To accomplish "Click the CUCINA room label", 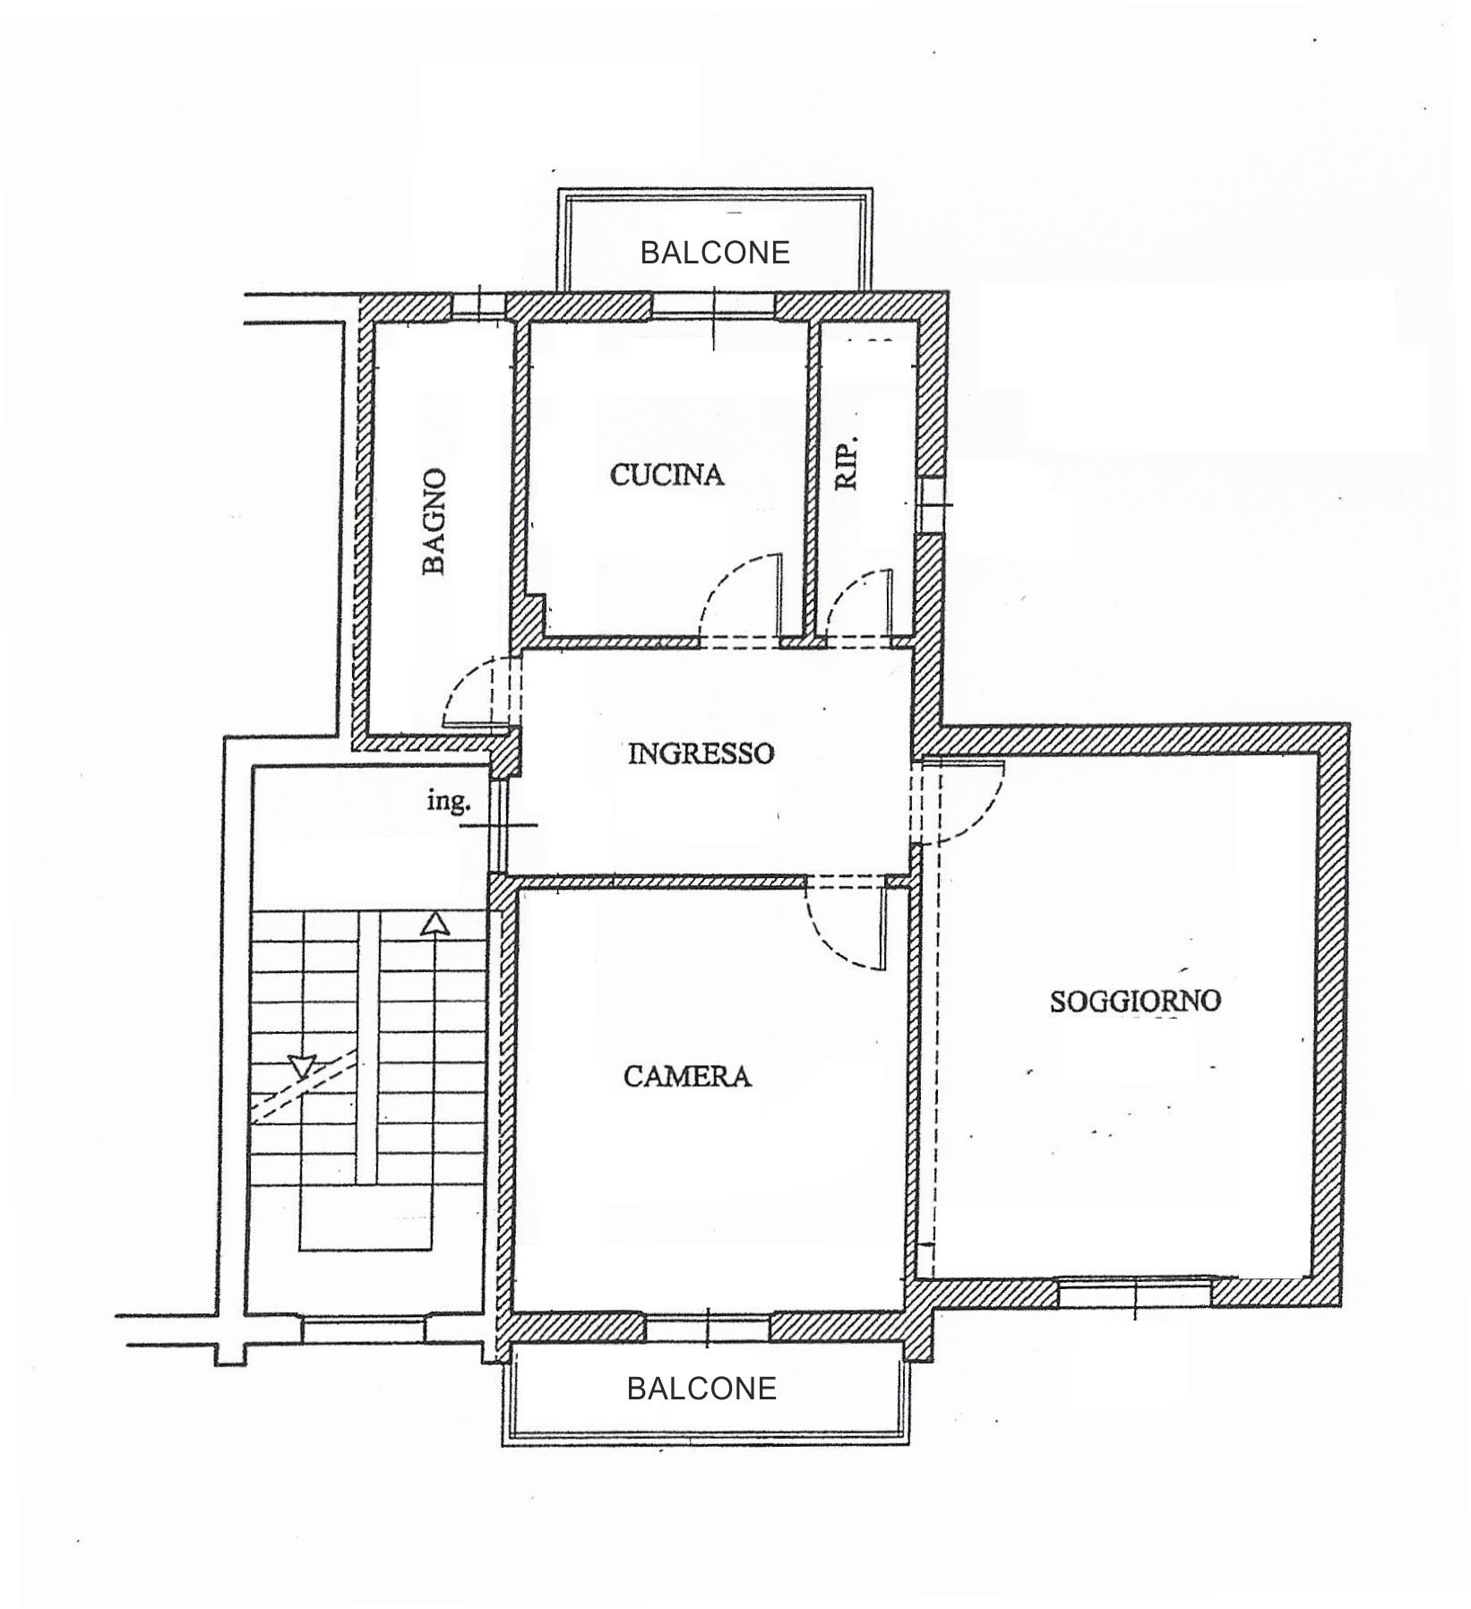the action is (667, 475).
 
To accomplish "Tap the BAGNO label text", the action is (434, 521).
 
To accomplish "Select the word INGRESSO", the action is (701, 753).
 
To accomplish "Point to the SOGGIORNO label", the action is (1135, 1001).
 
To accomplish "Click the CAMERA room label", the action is (687, 1076).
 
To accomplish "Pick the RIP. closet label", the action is (847, 462).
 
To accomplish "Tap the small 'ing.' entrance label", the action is (448, 802).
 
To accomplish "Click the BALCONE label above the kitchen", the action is (715, 253).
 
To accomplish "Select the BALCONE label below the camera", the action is (701, 1389).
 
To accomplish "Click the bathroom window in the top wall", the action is (479, 305).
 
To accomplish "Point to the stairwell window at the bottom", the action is (364, 1329).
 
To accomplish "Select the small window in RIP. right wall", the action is (931, 504).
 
